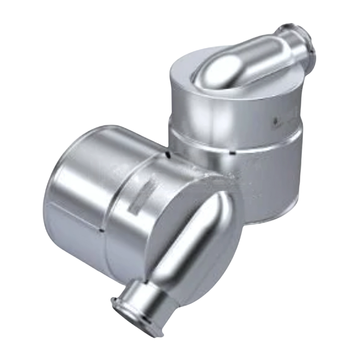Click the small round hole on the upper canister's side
(x=275, y=121)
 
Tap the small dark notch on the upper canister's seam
(x=232, y=153)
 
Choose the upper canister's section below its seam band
(x=269, y=173)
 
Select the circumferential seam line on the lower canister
(x=115, y=202)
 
